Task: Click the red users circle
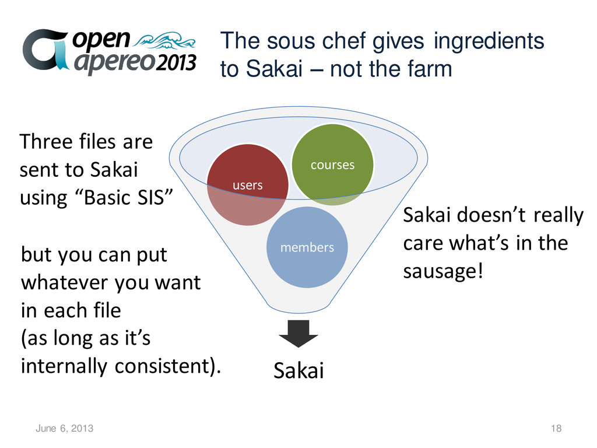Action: (x=248, y=184)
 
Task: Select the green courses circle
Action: (x=332, y=164)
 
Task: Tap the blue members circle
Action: (x=307, y=247)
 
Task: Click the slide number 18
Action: (x=556, y=429)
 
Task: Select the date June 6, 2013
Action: (x=64, y=429)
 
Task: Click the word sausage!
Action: (x=443, y=271)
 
